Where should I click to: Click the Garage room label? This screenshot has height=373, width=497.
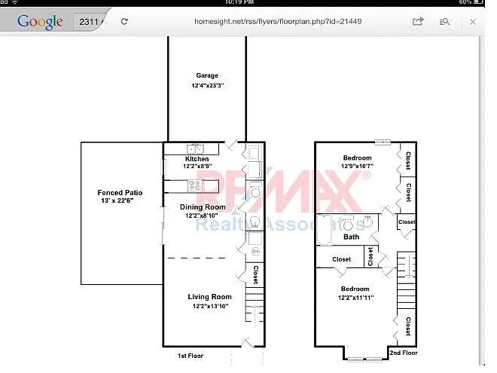[x=207, y=75]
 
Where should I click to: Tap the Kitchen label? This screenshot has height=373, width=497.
[x=197, y=159]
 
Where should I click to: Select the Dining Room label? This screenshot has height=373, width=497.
[x=202, y=207]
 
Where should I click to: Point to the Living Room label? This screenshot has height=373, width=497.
[x=209, y=297]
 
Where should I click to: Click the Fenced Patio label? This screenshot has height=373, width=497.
[x=120, y=193]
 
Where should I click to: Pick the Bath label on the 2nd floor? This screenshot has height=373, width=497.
[x=352, y=237]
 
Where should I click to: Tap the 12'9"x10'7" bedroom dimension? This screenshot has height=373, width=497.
[x=356, y=166]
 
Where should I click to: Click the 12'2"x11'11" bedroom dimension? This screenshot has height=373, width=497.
[x=355, y=298]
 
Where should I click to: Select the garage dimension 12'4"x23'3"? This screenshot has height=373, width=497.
[x=207, y=86]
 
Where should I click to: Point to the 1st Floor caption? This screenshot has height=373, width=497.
[x=190, y=355]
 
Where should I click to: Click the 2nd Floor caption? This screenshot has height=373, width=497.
[x=404, y=352]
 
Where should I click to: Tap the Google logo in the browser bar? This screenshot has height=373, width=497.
[x=41, y=22]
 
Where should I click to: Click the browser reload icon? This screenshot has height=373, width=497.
[x=124, y=22]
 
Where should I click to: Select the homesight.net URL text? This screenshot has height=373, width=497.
[x=278, y=22]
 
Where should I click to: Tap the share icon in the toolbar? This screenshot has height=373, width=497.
[x=418, y=22]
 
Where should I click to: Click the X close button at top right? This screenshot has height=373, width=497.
[x=472, y=22]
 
